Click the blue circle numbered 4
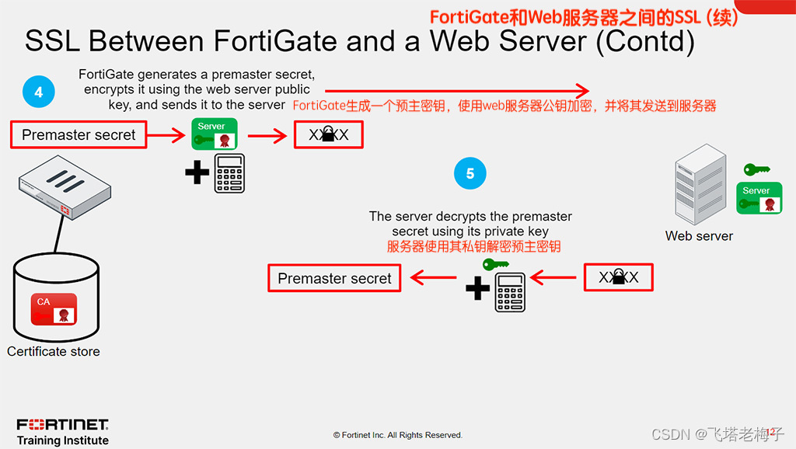(38, 92)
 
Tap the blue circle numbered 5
(470, 173)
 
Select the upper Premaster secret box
(78, 135)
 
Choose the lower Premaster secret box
(334, 279)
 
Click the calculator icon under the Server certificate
(229, 172)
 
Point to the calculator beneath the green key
(511, 292)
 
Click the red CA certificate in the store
(54, 308)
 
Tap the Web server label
(699, 236)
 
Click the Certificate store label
(54, 351)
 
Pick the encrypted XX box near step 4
(328, 135)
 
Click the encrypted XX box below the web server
(618, 277)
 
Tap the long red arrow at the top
(459, 89)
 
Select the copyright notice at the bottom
(397, 435)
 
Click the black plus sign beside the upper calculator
(197, 172)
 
